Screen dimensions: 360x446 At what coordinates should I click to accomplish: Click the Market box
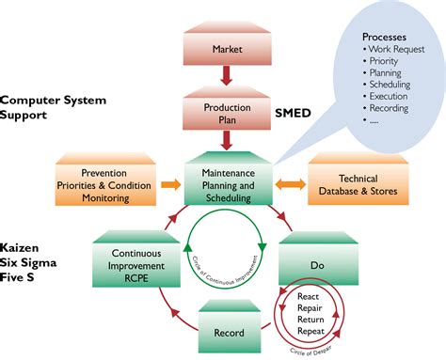(x=227, y=48)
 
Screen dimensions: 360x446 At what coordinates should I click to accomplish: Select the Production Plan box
(x=227, y=114)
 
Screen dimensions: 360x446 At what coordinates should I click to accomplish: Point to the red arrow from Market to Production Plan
(x=227, y=76)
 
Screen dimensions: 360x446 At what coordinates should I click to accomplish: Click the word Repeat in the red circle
(x=311, y=331)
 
